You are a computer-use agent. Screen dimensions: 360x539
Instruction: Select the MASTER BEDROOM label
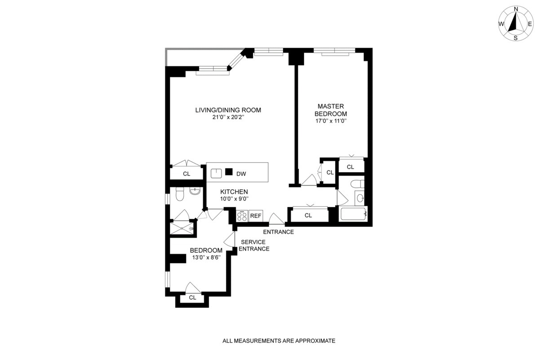click(332, 110)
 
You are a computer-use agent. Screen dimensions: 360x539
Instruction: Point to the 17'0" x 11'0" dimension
click(332, 121)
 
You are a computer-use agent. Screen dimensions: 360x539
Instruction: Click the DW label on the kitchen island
click(241, 173)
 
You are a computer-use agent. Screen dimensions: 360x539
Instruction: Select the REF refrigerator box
click(256, 216)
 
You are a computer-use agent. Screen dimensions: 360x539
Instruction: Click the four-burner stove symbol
click(242, 216)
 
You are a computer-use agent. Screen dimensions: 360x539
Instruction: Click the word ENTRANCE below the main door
click(278, 232)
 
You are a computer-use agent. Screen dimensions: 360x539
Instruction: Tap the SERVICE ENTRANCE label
click(254, 245)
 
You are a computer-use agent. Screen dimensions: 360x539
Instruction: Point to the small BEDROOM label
click(206, 251)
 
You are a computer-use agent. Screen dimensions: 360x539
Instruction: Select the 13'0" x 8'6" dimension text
click(206, 258)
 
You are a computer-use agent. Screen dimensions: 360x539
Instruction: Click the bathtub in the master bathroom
click(353, 213)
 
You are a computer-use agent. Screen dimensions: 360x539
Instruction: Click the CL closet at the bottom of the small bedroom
click(192, 298)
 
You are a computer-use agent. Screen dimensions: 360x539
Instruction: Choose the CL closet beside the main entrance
click(308, 216)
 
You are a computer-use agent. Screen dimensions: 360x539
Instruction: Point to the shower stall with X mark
click(182, 228)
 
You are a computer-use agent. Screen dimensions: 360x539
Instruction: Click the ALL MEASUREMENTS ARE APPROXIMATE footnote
click(279, 341)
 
